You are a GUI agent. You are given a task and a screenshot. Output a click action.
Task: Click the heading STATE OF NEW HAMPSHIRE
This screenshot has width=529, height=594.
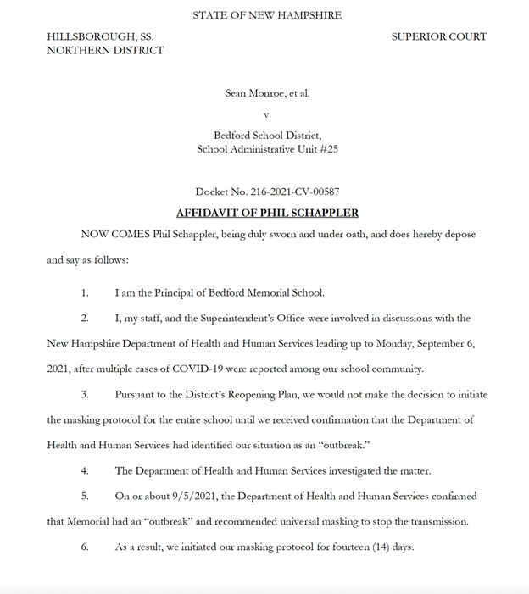pyautogui.click(x=267, y=15)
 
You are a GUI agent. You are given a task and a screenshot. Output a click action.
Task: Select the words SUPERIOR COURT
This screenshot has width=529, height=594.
pyautogui.click(x=439, y=36)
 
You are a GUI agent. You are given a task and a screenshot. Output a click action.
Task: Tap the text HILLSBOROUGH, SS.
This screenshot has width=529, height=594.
pyautogui.click(x=100, y=36)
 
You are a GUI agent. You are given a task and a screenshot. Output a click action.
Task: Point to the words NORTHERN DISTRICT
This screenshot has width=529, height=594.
pyautogui.click(x=105, y=50)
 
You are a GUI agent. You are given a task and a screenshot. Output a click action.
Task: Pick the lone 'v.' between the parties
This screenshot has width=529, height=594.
pyautogui.click(x=267, y=114)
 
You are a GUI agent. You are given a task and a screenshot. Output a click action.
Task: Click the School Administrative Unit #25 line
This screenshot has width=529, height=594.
pyautogui.click(x=267, y=149)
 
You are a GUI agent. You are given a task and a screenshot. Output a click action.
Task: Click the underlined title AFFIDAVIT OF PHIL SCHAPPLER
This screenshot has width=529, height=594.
pyautogui.click(x=267, y=212)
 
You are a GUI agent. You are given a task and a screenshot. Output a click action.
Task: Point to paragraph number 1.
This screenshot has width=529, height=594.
pyautogui.click(x=85, y=293)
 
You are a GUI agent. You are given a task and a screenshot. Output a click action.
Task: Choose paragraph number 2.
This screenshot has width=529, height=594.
pyautogui.click(x=85, y=318)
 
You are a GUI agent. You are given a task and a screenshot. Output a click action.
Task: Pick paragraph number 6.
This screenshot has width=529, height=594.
pyautogui.click(x=85, y=547)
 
